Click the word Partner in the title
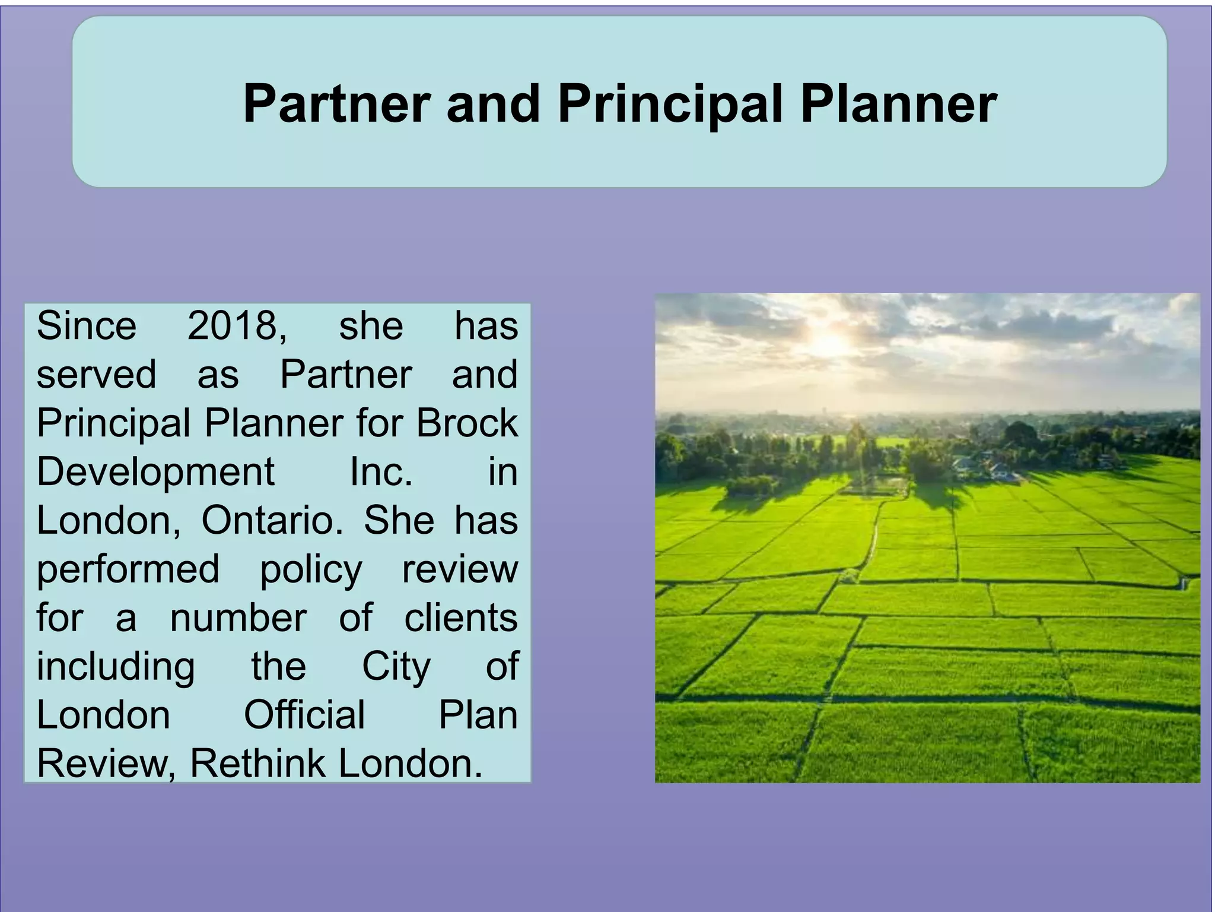(336, 103)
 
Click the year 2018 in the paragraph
(237, 326)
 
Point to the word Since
(87, 326)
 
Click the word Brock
(467, 423)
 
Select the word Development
(155, 473)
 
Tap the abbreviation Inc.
(381, 472)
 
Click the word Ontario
(272, 521)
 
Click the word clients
(461, 618)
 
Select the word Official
(304, 715)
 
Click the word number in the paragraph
(238, 618)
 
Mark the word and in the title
(493, 103)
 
